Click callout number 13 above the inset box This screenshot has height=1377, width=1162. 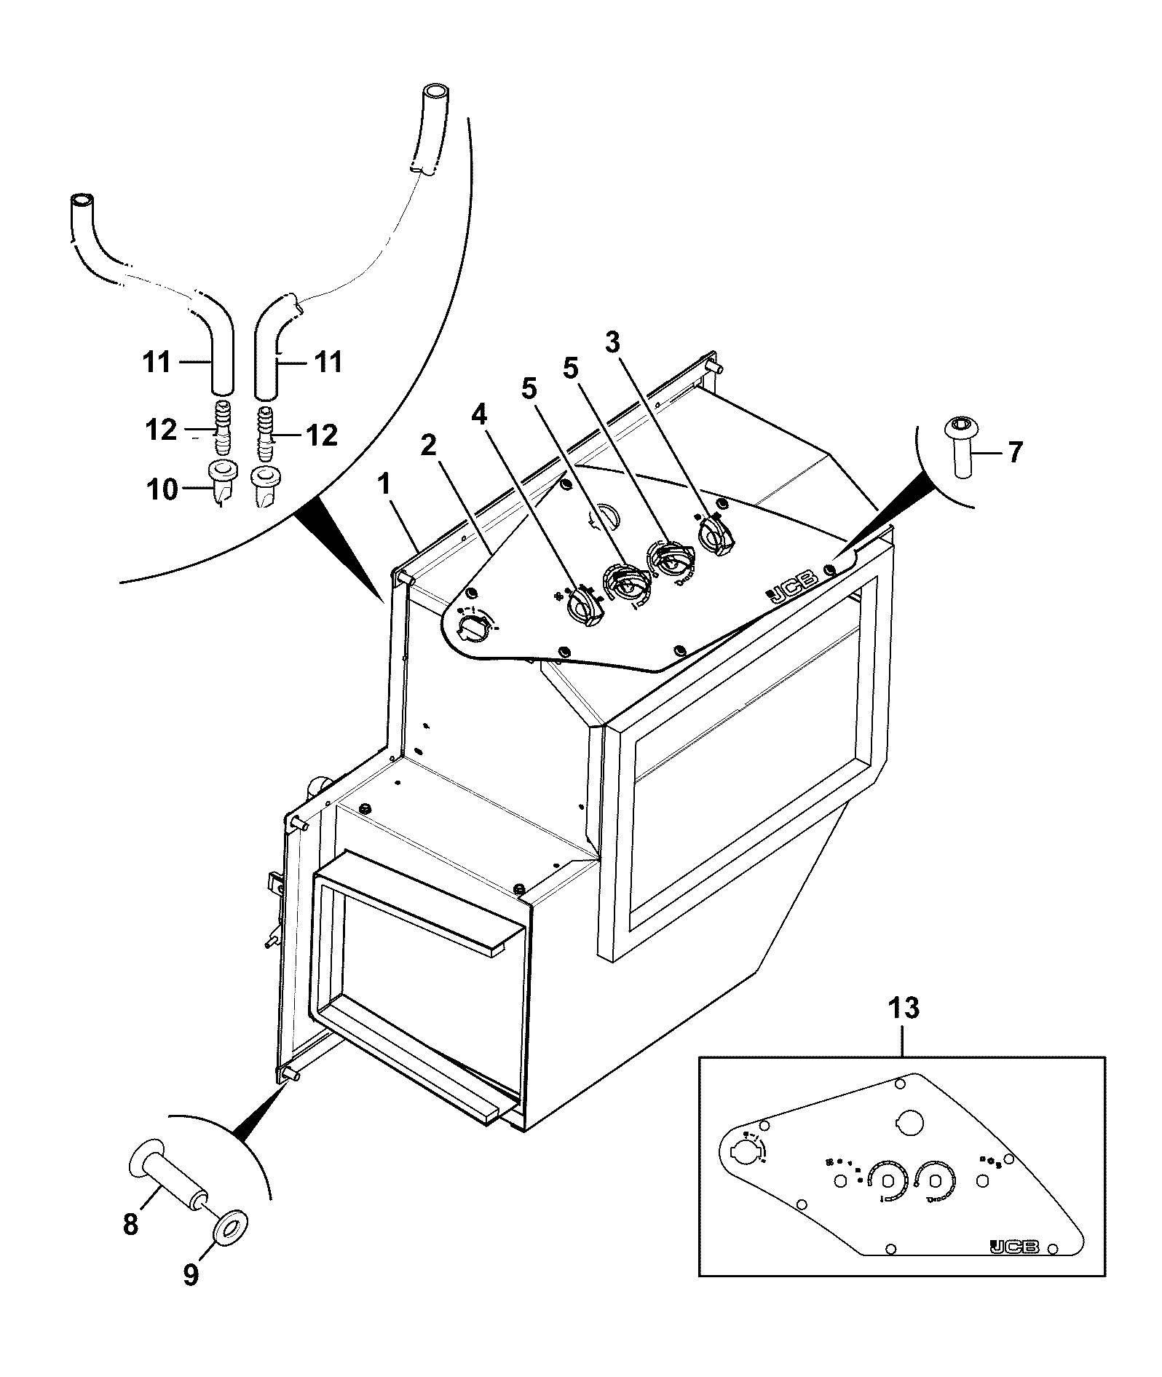tap(904, 1009)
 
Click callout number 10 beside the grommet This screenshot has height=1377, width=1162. tap(162, 490)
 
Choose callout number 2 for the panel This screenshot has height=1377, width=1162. tap(429, 445)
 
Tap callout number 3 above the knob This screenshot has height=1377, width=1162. tap(613, 342)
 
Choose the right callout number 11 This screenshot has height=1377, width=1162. tap(328, 361)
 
